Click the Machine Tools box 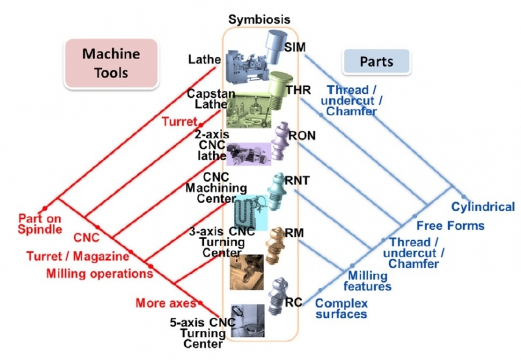pos(111,64)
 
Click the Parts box pos(376,61)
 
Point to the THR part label pos(298,90)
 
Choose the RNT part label pos(297,180)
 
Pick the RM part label pos(295,232)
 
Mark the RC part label pos(293,302)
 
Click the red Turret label pos(179,122)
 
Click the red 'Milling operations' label pos(100,273)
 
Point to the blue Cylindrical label pos(483,207)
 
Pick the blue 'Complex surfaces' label pos(341,308)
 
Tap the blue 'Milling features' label pos(368,281)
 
